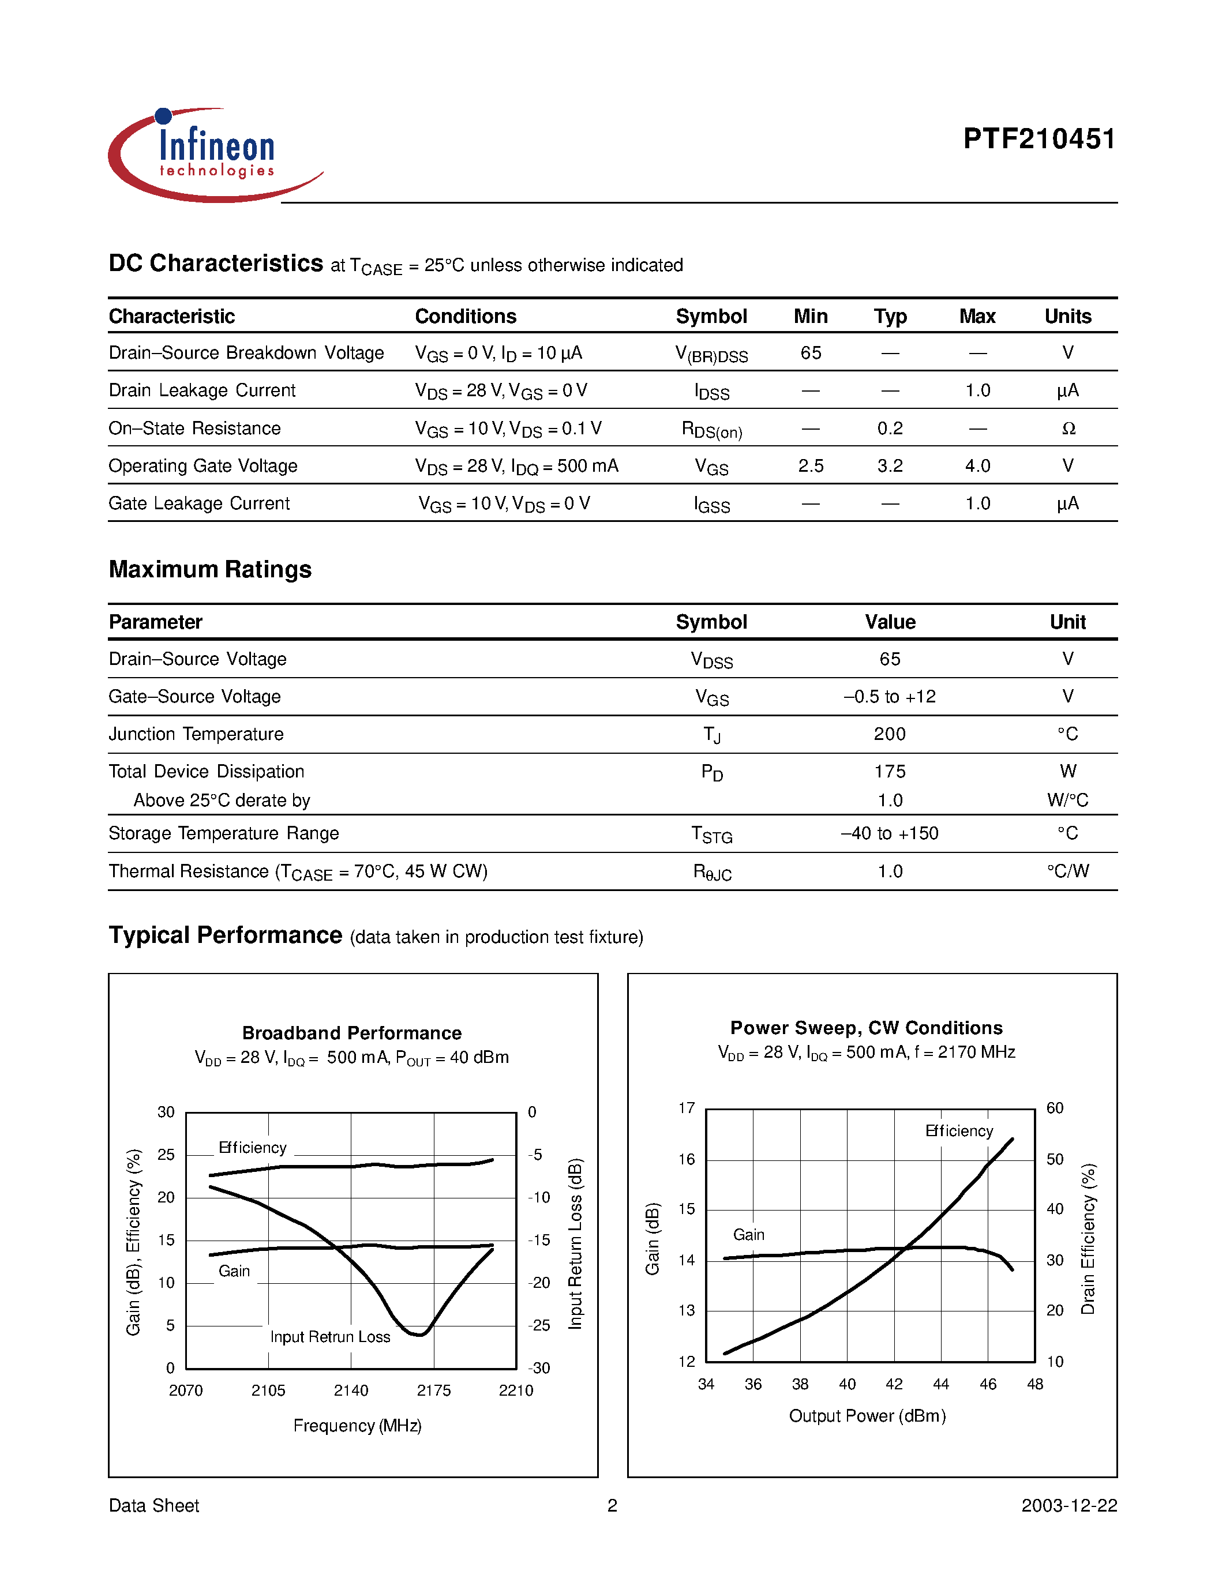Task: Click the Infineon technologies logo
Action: click(x=215, y=155)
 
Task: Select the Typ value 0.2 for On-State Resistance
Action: click(x=890, y=429)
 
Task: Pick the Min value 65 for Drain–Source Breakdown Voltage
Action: click(x=811, y=353)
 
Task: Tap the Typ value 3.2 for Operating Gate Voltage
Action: click(x=890, y=466)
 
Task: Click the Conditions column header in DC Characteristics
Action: click(x=466, y=317)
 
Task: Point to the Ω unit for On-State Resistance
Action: click(x=1068, y=429)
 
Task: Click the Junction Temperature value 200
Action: click(x=890, y=734)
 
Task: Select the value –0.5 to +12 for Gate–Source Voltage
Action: click(x=890, y=697)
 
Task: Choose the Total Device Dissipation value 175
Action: click(x=890, y=772)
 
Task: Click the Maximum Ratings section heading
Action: click(x=210, y=569)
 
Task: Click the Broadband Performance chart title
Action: click(x=351, y=1033)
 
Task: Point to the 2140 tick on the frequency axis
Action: click(x=351, y=1390)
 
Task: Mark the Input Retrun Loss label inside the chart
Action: click(x=330, y=1337)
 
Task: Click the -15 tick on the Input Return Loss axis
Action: click(x=538, y=1241)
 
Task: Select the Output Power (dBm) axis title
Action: click(x=867, y=1416)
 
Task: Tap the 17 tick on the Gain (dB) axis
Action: click(x=687, y=1108)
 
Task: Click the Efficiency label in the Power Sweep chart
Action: click(x=959, y=1132)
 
